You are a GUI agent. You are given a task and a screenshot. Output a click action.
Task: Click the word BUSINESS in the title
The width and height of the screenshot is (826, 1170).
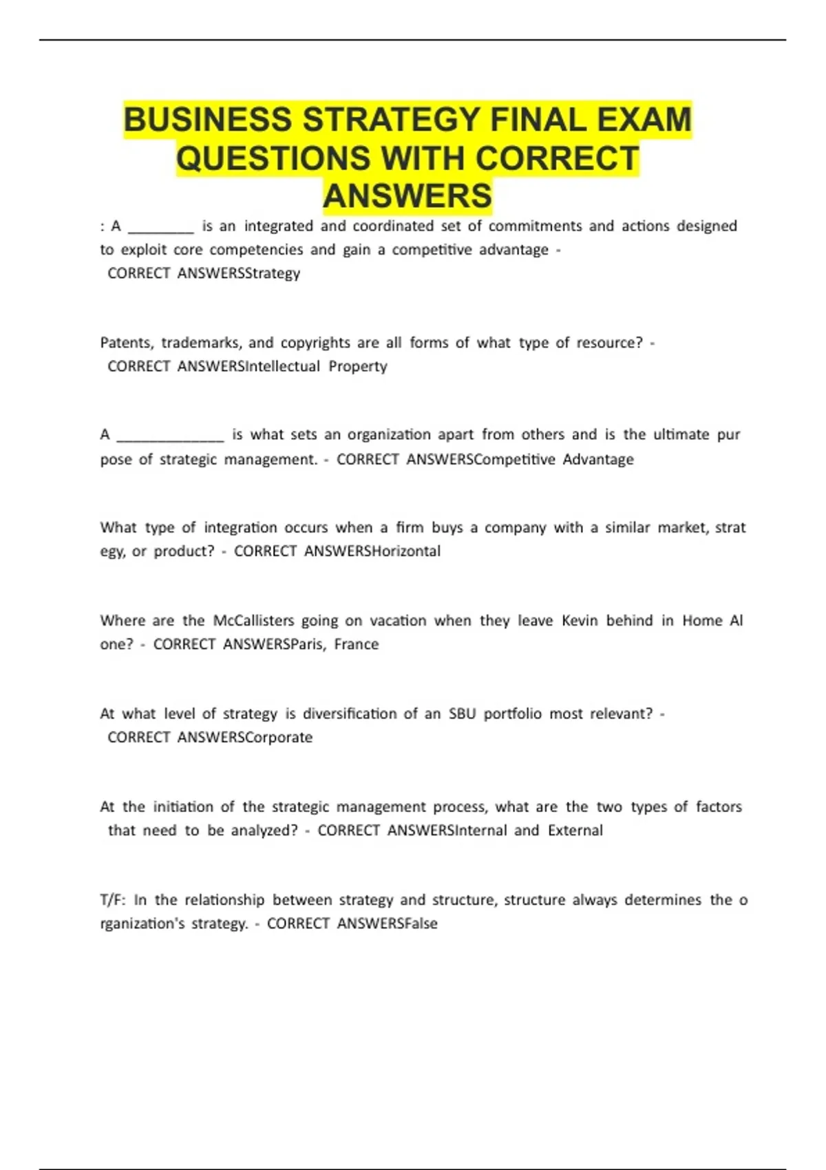[209, 120]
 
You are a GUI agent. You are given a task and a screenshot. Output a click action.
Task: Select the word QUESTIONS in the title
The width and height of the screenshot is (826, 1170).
[273, 158]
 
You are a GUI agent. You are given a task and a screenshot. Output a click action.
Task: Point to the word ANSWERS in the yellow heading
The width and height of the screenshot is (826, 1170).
[407, 196]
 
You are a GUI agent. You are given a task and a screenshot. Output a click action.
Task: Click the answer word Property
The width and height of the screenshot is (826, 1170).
[358, 366]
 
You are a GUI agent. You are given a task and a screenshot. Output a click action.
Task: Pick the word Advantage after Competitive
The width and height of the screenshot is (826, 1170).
[598, 459]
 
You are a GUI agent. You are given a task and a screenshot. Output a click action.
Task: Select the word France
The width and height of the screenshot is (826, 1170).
[357, 644]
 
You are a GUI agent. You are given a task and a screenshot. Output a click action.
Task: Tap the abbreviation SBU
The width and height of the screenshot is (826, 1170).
[462, 714]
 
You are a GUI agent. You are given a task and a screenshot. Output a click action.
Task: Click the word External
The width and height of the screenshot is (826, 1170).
[575, 830]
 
